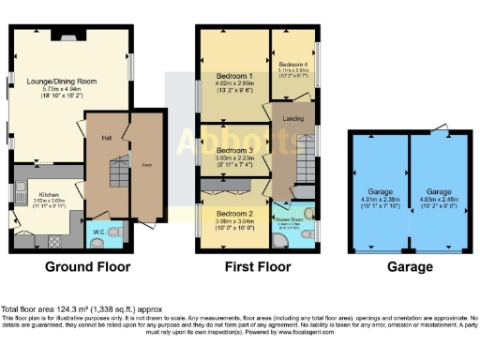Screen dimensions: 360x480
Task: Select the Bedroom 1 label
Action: pos(235,76)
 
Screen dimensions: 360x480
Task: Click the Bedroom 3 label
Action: pos(235,150)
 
